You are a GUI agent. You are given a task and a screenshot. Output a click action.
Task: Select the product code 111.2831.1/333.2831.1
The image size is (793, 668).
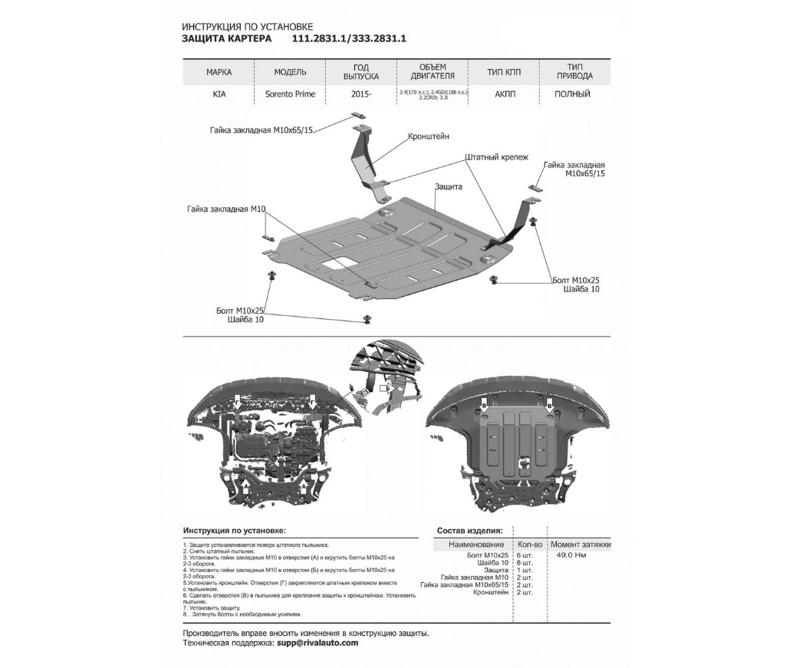(349, 38)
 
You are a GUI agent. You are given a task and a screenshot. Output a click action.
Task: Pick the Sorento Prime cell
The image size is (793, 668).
(290, 94)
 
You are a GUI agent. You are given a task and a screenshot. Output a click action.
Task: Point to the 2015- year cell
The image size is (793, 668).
(362, 94)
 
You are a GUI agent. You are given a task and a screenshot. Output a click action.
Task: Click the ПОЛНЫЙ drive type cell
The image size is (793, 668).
(572, 94)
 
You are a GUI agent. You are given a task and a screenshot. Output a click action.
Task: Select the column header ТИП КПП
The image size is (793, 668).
(503, 71)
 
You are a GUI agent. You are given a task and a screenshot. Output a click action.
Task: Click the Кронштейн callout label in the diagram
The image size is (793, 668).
(429, 136)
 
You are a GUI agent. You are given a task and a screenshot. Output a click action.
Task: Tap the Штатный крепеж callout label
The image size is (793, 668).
(496, 156)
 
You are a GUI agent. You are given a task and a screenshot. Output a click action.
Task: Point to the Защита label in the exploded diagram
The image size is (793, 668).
(449, 186)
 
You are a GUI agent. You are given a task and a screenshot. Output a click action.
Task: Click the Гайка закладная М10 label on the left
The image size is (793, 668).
(225, 209)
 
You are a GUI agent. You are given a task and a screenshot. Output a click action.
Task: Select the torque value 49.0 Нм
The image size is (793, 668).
(571, 554)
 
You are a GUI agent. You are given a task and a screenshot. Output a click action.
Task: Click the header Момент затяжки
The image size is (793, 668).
(580, 544)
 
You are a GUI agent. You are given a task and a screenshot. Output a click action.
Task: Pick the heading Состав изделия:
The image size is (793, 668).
(470, 530)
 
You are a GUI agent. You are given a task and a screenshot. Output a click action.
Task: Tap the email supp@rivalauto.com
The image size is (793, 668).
(317, 643)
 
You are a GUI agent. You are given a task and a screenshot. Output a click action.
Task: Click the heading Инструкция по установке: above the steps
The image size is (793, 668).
(234, 530)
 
